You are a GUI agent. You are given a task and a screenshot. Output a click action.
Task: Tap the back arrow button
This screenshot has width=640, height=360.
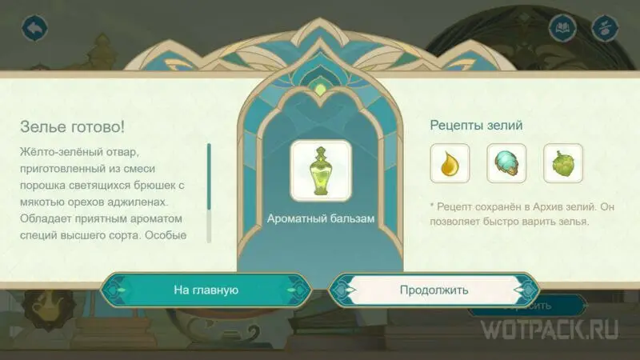[34, 28]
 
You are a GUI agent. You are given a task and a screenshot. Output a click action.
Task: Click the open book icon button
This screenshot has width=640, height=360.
[562, 28]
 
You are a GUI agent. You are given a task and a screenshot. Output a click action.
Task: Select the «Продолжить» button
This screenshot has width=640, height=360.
[434, 290]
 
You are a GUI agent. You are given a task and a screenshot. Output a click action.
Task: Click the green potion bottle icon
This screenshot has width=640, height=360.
[321, 171]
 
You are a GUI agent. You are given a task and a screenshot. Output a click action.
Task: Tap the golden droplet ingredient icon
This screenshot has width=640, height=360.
[450, 163]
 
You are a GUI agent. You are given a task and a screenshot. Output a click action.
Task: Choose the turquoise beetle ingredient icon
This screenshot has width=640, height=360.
[506, 163]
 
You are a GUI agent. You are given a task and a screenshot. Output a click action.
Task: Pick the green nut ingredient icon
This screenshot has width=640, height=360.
[563, 163]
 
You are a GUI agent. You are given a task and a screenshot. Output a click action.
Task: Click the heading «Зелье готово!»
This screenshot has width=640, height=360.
[72, 126]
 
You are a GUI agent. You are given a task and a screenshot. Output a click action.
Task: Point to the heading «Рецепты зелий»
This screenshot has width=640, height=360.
[476, 126]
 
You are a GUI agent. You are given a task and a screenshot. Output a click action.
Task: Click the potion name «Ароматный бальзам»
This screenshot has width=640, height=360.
[321, 218]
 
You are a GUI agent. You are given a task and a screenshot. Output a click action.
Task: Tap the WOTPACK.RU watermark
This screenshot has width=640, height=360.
[550, 330]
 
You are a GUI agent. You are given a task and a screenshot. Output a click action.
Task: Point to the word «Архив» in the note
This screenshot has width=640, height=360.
[542, 207]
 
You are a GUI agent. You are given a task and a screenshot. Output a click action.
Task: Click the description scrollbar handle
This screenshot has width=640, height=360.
[209, 177]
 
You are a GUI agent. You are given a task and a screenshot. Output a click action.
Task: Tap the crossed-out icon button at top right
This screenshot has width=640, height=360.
[605, 28]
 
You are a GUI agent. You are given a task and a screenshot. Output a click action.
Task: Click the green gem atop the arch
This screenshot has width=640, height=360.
[321, 89]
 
